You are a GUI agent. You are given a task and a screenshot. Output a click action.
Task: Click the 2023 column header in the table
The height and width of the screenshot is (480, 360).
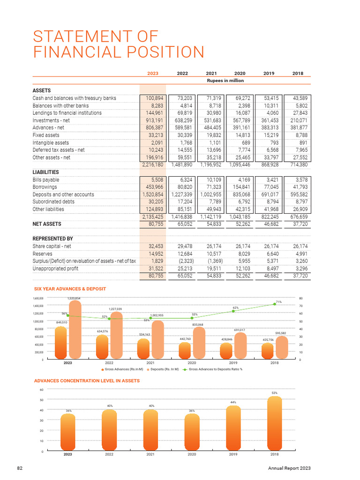pyautogui.click(x=153, y=73)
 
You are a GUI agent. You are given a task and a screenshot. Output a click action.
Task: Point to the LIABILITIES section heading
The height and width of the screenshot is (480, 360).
pyautogui.click(x=45, y=172)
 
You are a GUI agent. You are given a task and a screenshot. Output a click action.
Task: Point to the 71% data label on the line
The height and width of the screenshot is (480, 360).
pyautogui.click(x=278, y=302)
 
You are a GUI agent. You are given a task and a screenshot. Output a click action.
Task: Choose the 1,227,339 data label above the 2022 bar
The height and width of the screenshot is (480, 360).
pyautogui.click(x=115, y=309)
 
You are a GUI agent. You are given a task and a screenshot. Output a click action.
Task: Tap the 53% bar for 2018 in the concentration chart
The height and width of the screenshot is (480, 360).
pyautogui.click(x=274, y=424)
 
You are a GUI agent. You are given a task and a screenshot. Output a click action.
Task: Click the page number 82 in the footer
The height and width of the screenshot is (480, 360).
pyautogui.click(x=20, y=468)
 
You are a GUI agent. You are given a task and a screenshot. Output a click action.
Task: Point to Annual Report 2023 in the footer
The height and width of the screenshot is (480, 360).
pyautogui.click(x=289, y=468)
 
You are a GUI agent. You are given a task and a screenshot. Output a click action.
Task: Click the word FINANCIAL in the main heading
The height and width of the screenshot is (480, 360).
pyautogui.click(x=82, y=52)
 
